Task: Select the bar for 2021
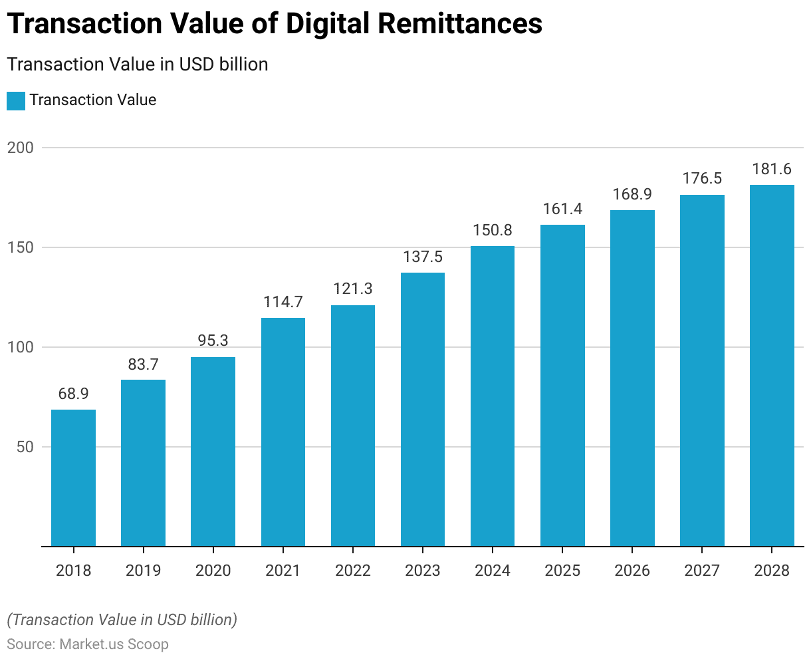click(x=283, y=432)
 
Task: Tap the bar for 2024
click(x=493, y=396)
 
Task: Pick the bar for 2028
click(x=772, y=366)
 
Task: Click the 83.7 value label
click(x=143, y=364)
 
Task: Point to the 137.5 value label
click(x=423, y=257)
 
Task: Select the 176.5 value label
click(x=702, y=179)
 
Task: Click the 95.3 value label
click(x=213, y=340)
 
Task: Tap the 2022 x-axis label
click(x=353, y=571)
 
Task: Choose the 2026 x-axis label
click(x=632, y=571)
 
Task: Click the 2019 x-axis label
click(x=143, y=571)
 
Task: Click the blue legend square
click(x=16, y=100)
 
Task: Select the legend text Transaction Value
click(x=93, y=100)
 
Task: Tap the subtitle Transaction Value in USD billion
click(x=138, y=65)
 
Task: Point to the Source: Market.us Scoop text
click(x=88, y=644)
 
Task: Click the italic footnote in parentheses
click(x=122, y=620)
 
